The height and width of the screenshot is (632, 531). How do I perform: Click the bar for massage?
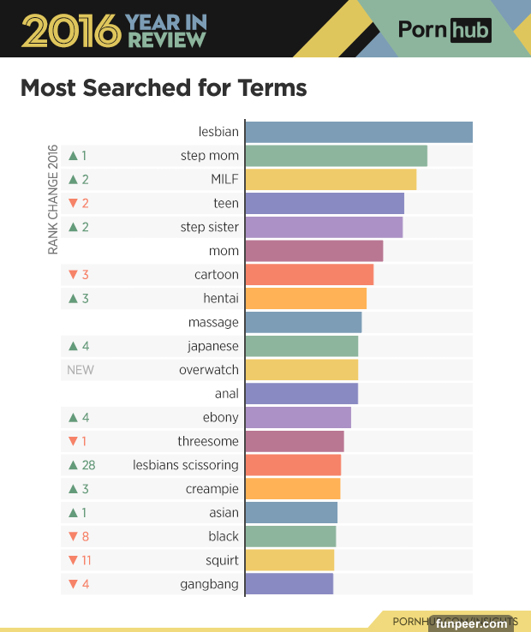(303, 322)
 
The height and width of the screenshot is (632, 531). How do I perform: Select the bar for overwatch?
(301, 370)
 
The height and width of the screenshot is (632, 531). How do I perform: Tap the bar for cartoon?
(309, 275)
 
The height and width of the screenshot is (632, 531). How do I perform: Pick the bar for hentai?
(306, 299)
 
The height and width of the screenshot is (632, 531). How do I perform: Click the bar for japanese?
(301, 346)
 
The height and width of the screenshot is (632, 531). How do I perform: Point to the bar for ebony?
(298, 417)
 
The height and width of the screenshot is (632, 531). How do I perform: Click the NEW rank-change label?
(81, 370)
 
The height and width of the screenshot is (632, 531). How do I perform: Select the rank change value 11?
(87, 560)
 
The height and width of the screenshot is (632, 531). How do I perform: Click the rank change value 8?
(85, 536)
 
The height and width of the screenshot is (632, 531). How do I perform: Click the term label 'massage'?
(213, 322)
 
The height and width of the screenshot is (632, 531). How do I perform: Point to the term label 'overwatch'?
(209, 370)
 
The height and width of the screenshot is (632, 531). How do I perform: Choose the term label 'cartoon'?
(217, 275)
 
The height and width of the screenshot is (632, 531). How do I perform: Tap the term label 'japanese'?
(213, 346)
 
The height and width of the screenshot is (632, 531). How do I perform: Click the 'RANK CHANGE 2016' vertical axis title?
(53, 199)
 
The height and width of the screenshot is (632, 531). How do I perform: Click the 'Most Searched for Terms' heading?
(164, 88)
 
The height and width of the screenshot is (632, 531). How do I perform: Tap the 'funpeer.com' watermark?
(471, 623)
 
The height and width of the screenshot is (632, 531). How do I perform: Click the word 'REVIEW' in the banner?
(168, 39)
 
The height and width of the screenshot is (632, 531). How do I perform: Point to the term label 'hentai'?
(221, 299)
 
